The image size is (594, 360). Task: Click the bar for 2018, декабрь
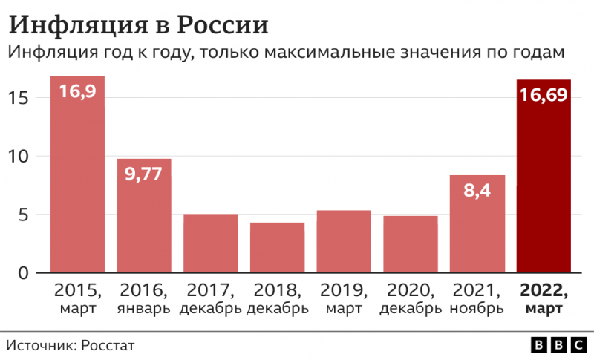[277, 248]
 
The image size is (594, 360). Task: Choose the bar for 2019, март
[344, 242]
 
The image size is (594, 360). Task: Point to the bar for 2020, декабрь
[411, 244]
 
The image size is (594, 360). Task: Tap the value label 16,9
[77, 94]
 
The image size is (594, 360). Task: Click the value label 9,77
[144, 176]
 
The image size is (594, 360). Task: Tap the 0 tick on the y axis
[23, 274]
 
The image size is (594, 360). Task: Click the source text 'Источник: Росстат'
[71, 345]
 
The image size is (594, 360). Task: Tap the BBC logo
[558, 345]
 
